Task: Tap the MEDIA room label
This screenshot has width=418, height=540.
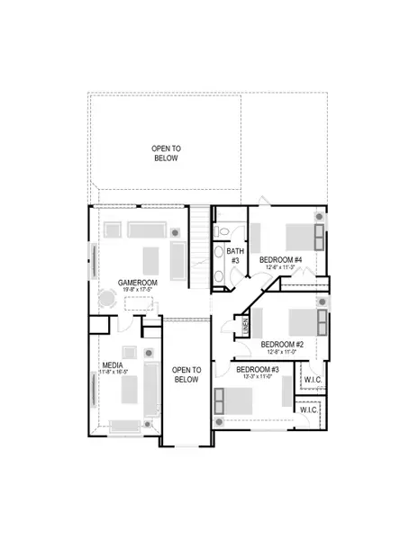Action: [113, 365]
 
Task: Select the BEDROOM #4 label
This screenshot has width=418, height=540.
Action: [281, 260]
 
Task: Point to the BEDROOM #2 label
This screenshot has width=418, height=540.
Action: [282, 344]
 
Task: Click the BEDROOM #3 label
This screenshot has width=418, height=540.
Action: [258, 369]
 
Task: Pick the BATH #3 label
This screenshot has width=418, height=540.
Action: [235, 256]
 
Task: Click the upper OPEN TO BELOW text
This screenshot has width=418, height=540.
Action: [166, 153]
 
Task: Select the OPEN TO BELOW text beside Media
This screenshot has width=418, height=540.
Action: [186, 374]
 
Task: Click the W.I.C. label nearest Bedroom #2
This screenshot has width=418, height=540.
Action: [313, 380]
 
